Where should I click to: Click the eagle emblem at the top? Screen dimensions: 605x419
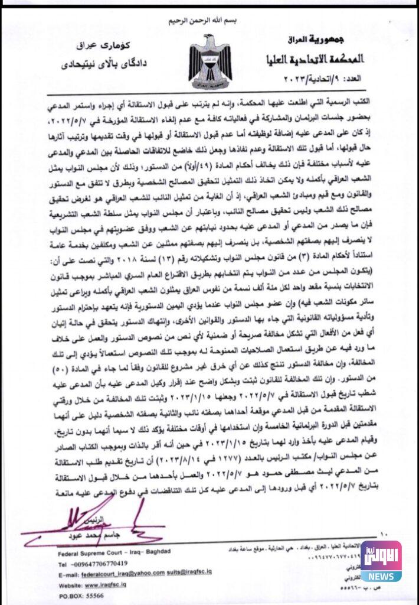tap(210, 61)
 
